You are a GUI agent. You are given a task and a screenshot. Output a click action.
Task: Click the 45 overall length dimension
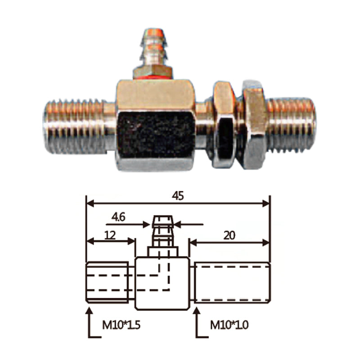[x=178, y=196]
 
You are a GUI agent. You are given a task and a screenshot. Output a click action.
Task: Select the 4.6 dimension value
[x=118, y=217]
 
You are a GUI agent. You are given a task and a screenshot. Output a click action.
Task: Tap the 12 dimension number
[x=110, y=235]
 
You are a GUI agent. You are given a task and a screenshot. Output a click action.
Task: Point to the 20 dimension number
[x=229, y=235]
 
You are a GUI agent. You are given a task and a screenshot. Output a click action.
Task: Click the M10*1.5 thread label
[x=121, y=325]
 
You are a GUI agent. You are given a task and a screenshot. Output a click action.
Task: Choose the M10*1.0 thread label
[x=229, y=325]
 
